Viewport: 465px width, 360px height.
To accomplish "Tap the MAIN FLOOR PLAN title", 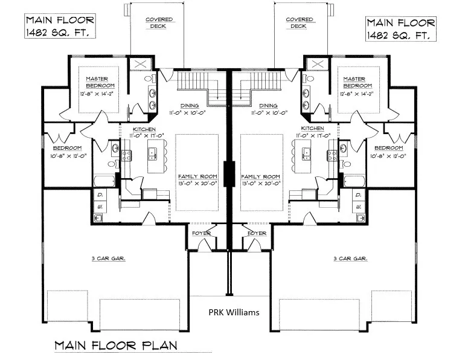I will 115,346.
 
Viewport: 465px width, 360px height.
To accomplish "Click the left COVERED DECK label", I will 159,22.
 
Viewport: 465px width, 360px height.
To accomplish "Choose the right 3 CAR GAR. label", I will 351,259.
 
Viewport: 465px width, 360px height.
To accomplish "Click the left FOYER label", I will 200,233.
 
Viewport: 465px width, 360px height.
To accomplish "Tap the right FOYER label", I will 257,233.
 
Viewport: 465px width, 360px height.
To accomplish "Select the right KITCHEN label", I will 313,129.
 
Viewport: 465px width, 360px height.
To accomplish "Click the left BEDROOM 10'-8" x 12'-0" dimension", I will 69,156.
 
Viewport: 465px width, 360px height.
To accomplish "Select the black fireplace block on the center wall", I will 229,175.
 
